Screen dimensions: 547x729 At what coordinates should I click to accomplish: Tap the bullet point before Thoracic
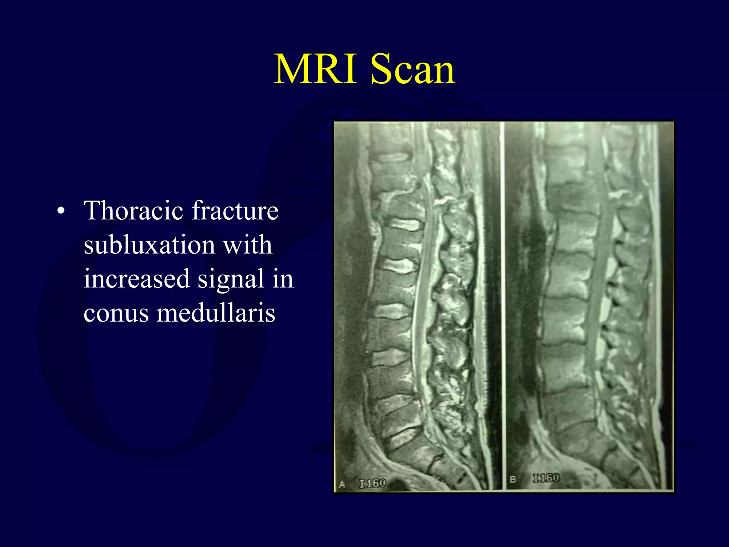tap(61, 211)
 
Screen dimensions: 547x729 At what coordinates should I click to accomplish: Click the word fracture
tap(235, 210)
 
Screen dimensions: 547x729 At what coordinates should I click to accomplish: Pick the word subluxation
tap(149, 245)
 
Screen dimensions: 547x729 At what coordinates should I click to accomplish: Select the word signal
tap(231, 279)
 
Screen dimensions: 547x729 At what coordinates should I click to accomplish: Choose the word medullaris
tap(216, 313)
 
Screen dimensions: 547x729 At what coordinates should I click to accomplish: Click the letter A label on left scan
tap(342, 484)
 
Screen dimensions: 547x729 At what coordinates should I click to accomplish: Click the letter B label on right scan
tap(513, 479)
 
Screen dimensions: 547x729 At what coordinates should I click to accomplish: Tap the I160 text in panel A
tap(372, 483)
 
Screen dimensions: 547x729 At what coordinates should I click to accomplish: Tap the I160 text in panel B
tap(546, 478)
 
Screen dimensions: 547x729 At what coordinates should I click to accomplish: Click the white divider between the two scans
tap(503, 306)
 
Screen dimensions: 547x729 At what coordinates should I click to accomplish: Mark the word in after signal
tap(283, 279)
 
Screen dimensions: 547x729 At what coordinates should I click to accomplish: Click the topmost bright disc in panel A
tap(392, 157)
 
